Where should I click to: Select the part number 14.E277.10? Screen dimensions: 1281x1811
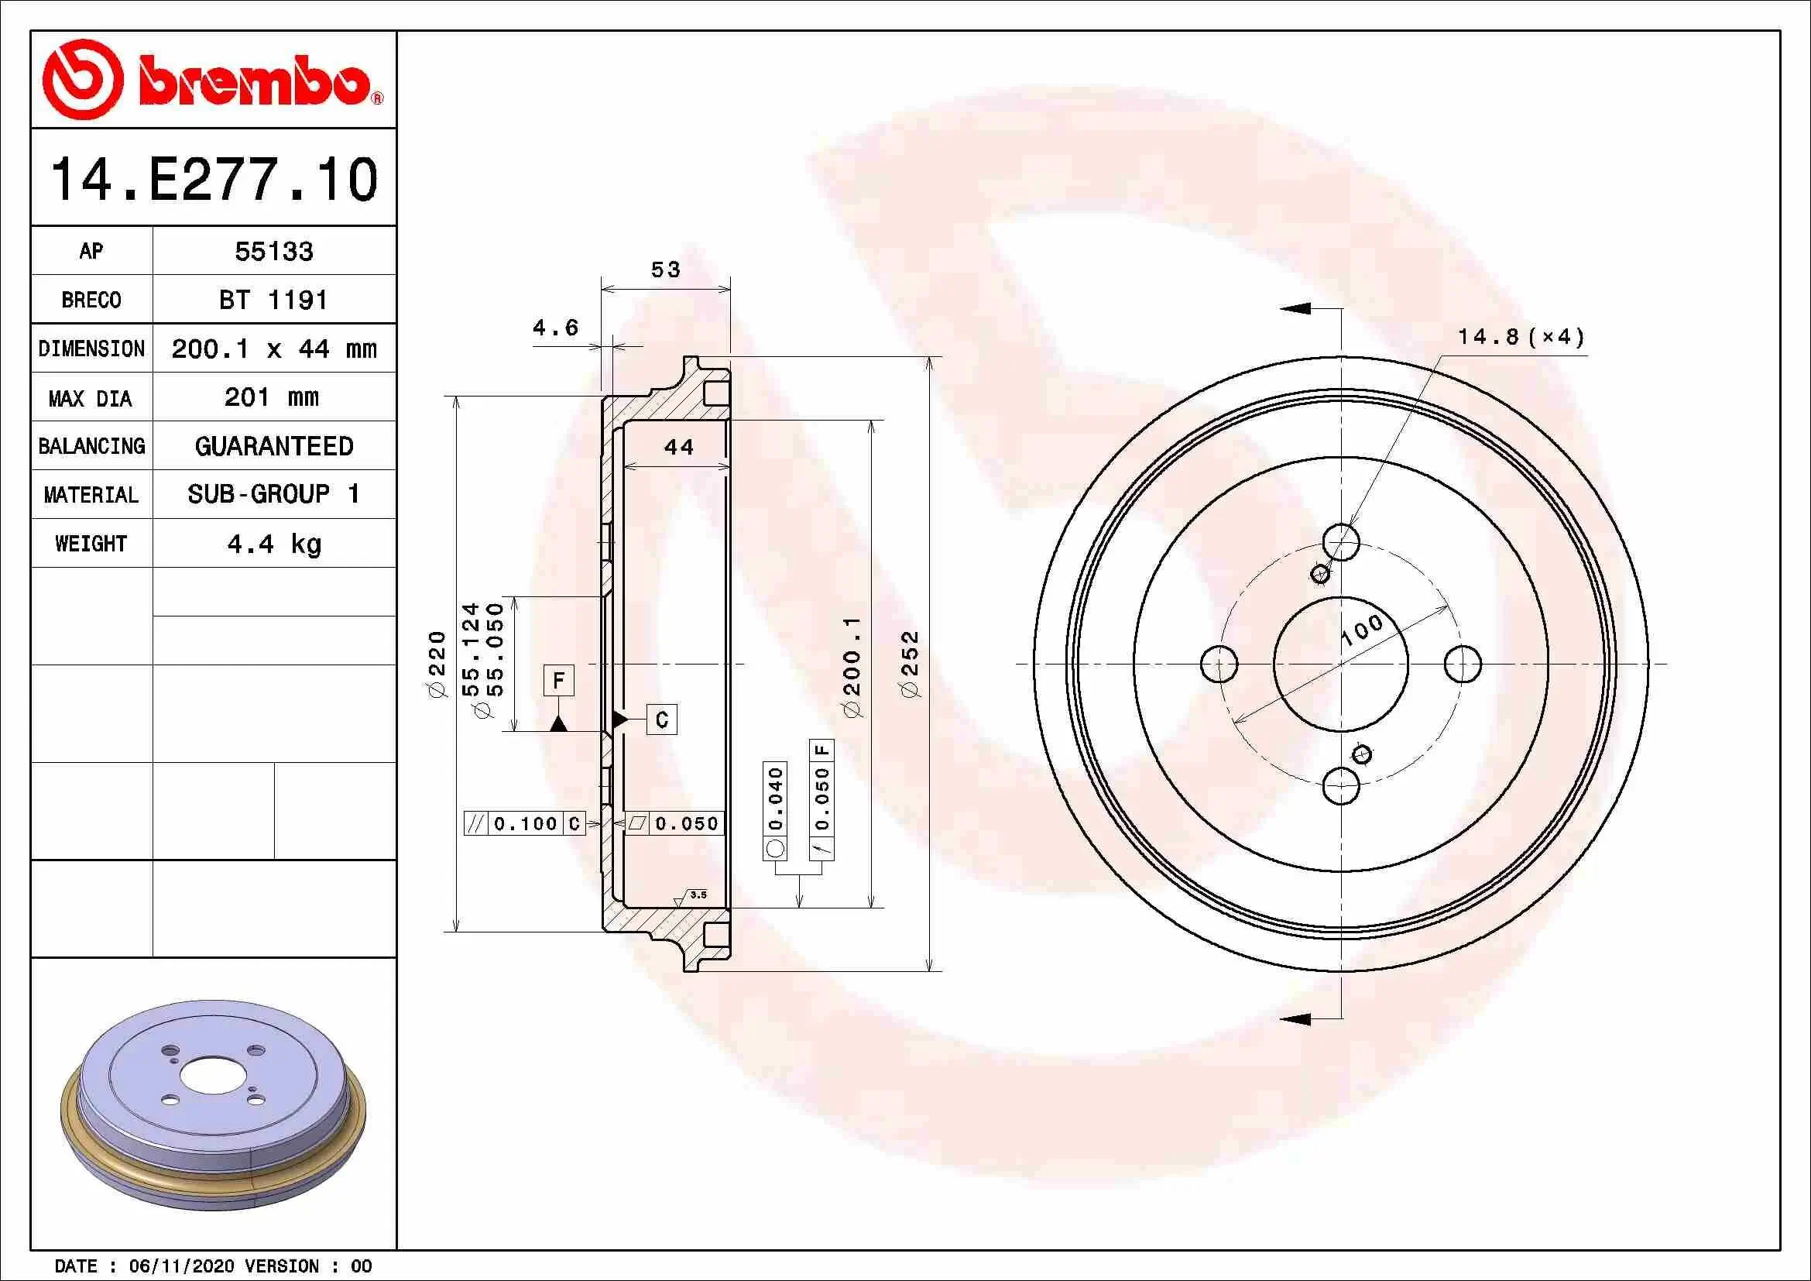214,180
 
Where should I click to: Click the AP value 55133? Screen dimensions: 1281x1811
273,252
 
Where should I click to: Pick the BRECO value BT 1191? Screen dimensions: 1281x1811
273,301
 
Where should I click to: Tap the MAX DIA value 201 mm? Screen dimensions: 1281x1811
271,397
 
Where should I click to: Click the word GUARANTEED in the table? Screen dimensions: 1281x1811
273,446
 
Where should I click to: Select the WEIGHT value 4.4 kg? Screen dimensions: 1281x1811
273,544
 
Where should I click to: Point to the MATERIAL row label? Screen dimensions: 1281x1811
91,496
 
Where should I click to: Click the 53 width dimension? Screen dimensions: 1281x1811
665,270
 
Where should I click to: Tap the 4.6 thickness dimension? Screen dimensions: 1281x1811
555,328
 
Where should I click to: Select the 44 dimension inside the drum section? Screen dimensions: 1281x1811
678,447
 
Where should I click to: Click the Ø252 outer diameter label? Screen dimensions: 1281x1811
910,664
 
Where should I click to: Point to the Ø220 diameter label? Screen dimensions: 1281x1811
437,664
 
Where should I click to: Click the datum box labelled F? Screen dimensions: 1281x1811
558,680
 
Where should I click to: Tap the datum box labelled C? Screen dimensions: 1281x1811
661,719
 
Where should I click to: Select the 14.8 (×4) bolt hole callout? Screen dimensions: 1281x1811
1520,338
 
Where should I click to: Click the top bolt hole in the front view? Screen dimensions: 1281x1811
1341,543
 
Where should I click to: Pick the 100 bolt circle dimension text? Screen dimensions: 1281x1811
1361,631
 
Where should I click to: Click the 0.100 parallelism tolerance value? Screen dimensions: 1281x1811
525,823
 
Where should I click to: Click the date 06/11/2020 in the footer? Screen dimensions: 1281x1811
181,1266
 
